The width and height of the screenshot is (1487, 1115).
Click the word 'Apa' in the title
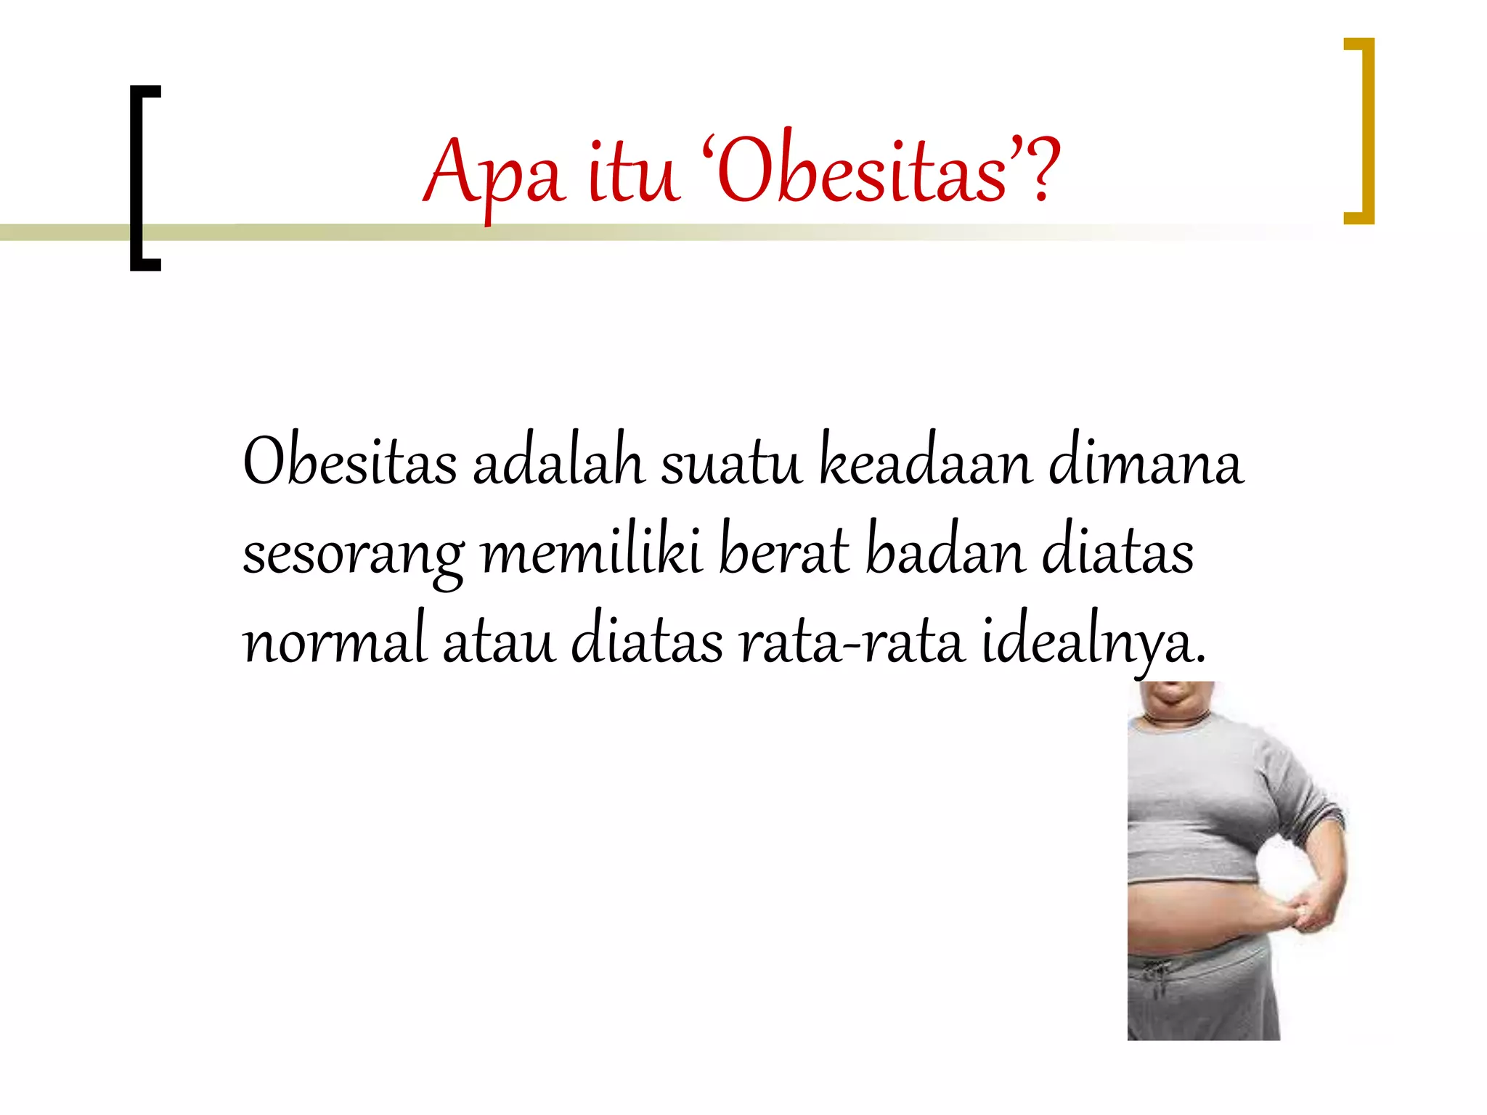(493, 174)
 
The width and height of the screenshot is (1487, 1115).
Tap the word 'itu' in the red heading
(633, 174)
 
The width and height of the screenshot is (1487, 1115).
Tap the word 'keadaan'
(925, 465)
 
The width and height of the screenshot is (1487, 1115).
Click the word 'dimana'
(1145, 465)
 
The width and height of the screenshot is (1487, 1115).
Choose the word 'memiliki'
(591, 553)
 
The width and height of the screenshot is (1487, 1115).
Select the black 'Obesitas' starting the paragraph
(349, 465)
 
